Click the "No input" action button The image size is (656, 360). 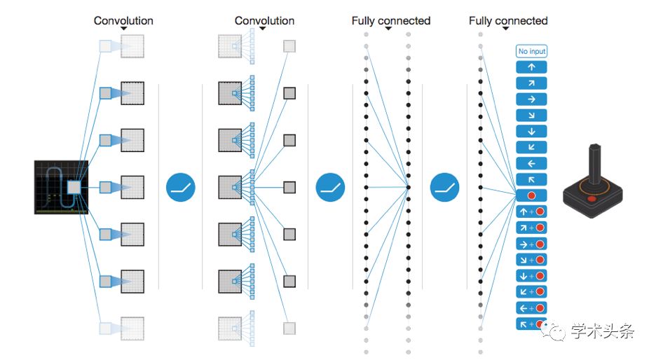coord(531,51)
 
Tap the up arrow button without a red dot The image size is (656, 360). coord(531,67)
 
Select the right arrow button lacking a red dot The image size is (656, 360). coord(531,99)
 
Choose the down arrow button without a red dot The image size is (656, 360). coord(531,131)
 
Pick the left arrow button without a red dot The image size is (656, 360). coord(531,163)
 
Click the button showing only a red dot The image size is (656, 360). coord(531,195)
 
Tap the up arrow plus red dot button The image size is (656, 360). coord(531,212)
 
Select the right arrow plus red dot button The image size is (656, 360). coord(531,244)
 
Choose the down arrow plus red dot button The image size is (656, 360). coord(531,276)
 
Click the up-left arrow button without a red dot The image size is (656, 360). coord(531,179)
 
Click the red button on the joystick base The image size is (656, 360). coord(592,198)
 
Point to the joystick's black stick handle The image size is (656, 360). coord(595,164)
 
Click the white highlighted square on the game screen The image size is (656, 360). coord(74,187)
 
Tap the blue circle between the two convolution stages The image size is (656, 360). coord(181,187)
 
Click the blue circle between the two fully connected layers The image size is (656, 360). coord(445,187)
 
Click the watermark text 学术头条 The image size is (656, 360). coord(603,331)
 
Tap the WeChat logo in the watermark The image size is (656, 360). coord(554,331)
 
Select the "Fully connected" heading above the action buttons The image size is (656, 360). coord(508,20)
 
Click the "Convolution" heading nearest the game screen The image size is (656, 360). coord(123,20)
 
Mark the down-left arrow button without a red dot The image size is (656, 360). coord(531,147)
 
